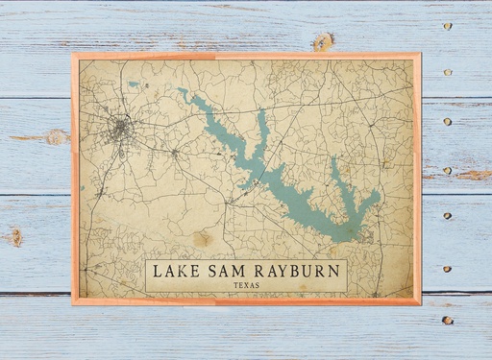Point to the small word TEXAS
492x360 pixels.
click(246, 285)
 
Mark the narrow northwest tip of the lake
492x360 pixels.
click(180, 91)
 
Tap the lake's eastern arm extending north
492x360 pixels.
click(339, 173)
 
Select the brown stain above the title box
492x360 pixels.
click(202, 238)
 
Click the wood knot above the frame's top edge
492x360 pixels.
click(324, 41)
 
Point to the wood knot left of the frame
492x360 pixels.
click(56, 137)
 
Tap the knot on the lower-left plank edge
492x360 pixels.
click(14, 236)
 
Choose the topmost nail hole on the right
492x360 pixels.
click(447, 26)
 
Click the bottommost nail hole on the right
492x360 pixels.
click(447, 320)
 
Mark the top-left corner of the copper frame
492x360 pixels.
click(73, 55)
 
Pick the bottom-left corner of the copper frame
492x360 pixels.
click(73, 302)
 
